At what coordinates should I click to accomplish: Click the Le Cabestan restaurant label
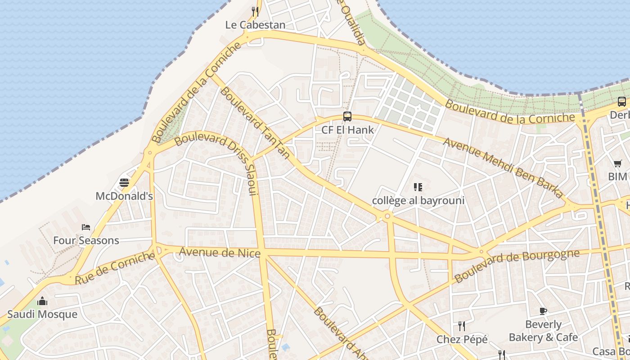click(x=255, y=25)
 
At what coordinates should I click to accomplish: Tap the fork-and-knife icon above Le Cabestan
click(x=255, y=11)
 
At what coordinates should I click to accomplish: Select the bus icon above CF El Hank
click(x=347, y=117)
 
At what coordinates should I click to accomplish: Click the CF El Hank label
click(x=347, y=130)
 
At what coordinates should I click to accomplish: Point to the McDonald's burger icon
click(x=124, y=183)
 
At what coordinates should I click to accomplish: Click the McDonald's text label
click(x=124, y=196)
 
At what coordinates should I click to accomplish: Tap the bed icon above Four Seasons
click(x=86, y=227)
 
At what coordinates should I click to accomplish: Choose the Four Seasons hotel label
click(x=86, y=240)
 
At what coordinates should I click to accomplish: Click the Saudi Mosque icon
click(x=42, y=301)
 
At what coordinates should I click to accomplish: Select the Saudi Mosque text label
click(x=42, y=314)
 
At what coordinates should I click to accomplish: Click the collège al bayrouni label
click(x=418, y=200)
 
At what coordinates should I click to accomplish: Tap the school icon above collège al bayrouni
click(x=418, y=187)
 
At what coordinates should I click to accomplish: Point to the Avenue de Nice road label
click(x=220, y=252)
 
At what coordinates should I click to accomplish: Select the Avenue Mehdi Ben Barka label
click(x=503, y=167)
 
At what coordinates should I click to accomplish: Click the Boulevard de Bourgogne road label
click(x=517, y=265)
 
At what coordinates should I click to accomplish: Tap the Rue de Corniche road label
click(x=115, y=268)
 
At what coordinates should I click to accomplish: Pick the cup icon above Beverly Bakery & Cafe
click(x=543, y=311)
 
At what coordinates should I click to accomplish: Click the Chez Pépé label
click(x=462, y=339)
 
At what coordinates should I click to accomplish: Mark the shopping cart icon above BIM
click(x=617, y=163)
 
